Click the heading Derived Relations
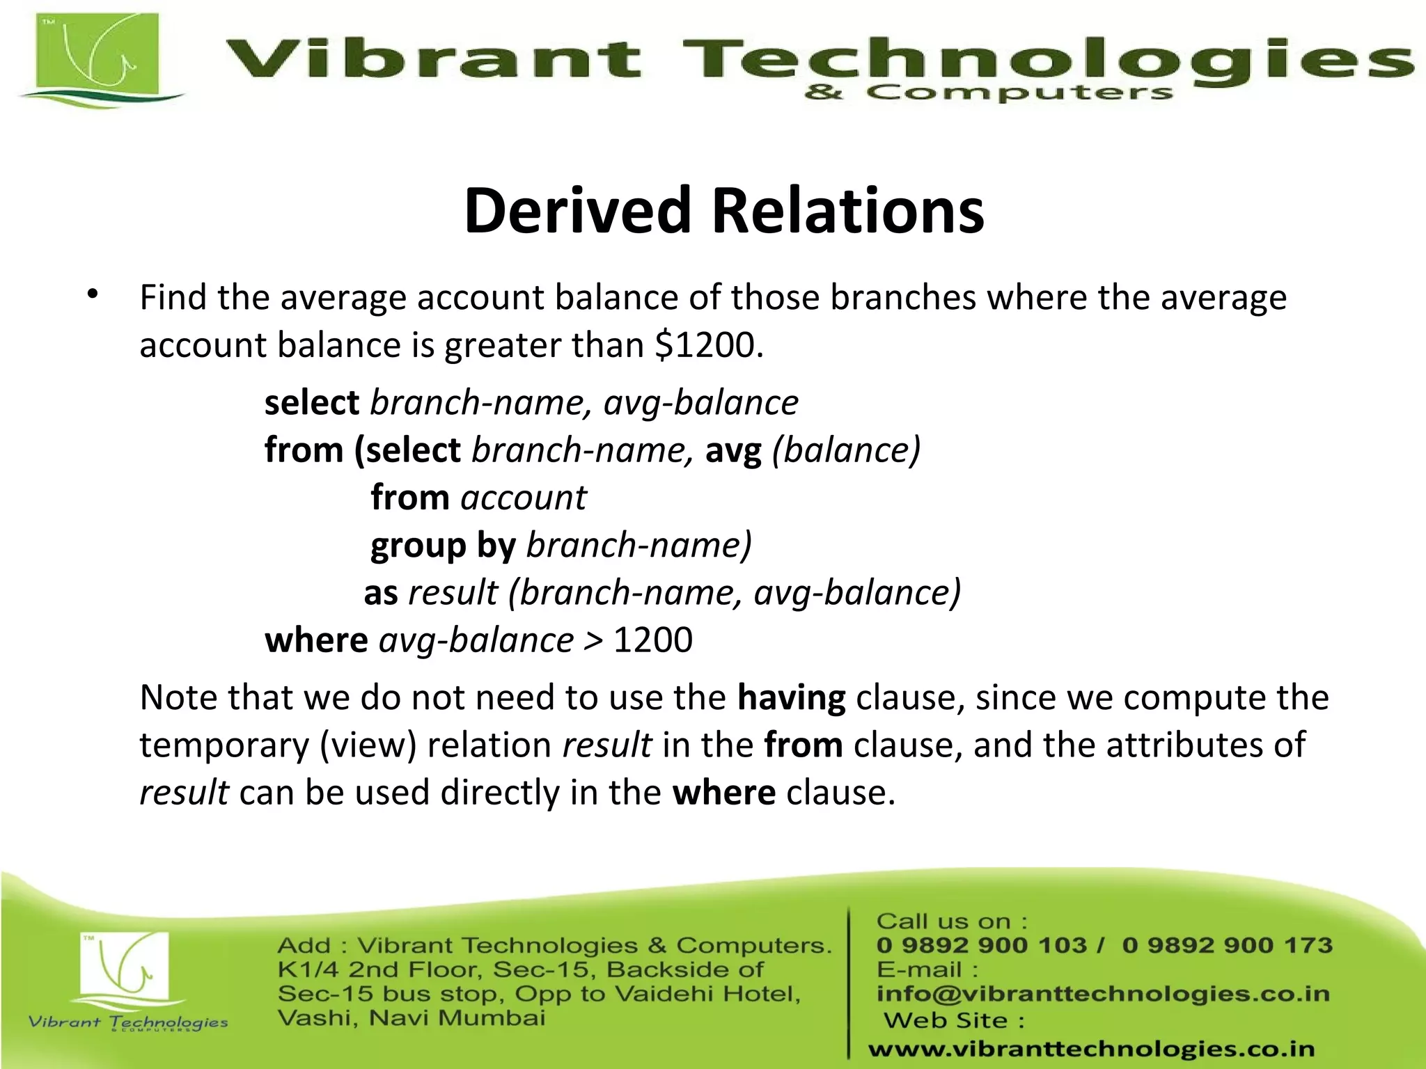724,211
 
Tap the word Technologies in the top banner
1044,59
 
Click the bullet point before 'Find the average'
93,295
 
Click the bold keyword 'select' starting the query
311,403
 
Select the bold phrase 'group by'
443,546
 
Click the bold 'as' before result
381,593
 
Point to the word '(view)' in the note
368,745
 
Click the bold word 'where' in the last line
723,793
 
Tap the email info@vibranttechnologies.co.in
1102,994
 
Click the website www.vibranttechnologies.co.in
1091,1048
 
